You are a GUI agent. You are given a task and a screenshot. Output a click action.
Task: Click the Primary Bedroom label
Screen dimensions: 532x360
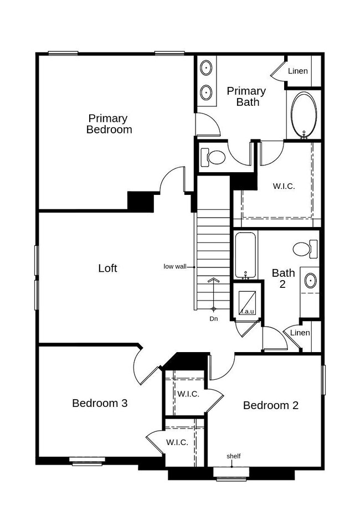[x=109, y=124]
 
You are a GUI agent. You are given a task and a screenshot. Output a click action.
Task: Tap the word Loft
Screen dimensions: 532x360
[x=107, y=268]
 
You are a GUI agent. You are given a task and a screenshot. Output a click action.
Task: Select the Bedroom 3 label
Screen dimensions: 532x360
[x=100, y=403]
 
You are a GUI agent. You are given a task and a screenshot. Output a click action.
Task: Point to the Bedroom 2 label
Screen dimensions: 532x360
[x=271, y=405]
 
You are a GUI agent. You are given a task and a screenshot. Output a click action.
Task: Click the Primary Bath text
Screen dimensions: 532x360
[x=246, y=96]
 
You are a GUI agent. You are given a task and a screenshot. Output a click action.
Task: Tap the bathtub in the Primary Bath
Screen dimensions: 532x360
[x=304, y=115]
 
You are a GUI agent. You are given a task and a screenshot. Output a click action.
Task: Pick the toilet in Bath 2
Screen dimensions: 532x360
[x=305, y=249]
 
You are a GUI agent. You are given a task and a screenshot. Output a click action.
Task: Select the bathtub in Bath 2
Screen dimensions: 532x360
[x=245, y=255]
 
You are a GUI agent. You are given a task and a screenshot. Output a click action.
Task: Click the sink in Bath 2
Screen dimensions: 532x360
[x=310, y=281]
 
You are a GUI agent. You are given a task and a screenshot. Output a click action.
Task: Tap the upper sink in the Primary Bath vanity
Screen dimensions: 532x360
[x=206, y=68]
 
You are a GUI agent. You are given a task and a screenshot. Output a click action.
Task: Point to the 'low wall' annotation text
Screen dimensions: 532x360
[x=174, y=267]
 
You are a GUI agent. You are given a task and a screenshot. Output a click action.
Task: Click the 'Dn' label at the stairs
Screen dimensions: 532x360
[x=214, y=319]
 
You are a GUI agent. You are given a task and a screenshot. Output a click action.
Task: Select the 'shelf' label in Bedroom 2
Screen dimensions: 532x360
[x=233, y=456]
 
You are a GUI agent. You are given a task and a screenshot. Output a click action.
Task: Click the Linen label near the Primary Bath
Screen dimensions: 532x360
[x=298, y=71]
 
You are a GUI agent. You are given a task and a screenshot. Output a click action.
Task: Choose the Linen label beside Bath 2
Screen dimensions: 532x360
[x=300, y=333]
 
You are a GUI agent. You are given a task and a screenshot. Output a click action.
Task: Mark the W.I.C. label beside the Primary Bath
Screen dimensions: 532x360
[x=284, y=186]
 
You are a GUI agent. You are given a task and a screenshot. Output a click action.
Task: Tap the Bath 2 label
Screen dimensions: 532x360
[x=283, y=278]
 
